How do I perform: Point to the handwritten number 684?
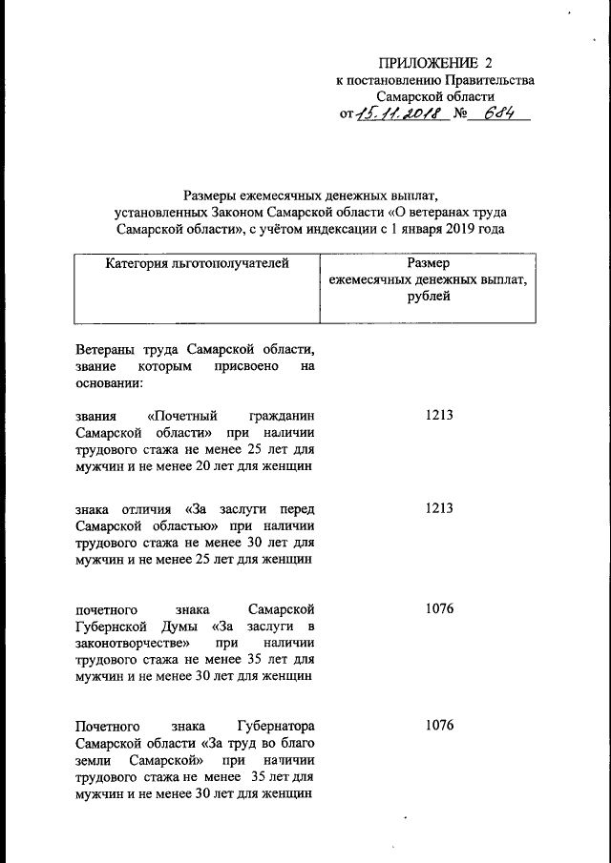(501, 114)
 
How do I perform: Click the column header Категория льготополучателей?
(196, 262)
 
